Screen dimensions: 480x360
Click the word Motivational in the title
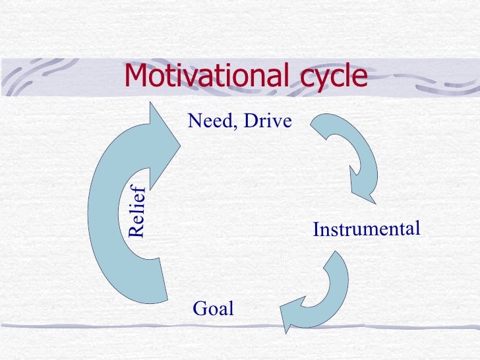(202, 76)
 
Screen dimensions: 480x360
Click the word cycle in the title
(330, 78)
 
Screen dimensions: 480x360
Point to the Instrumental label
(366, 229)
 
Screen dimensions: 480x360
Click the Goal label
(213, 308)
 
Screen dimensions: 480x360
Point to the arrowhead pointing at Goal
(290, 317)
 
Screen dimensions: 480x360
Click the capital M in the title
(136, 76)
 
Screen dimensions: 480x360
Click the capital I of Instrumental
(316, 231)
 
